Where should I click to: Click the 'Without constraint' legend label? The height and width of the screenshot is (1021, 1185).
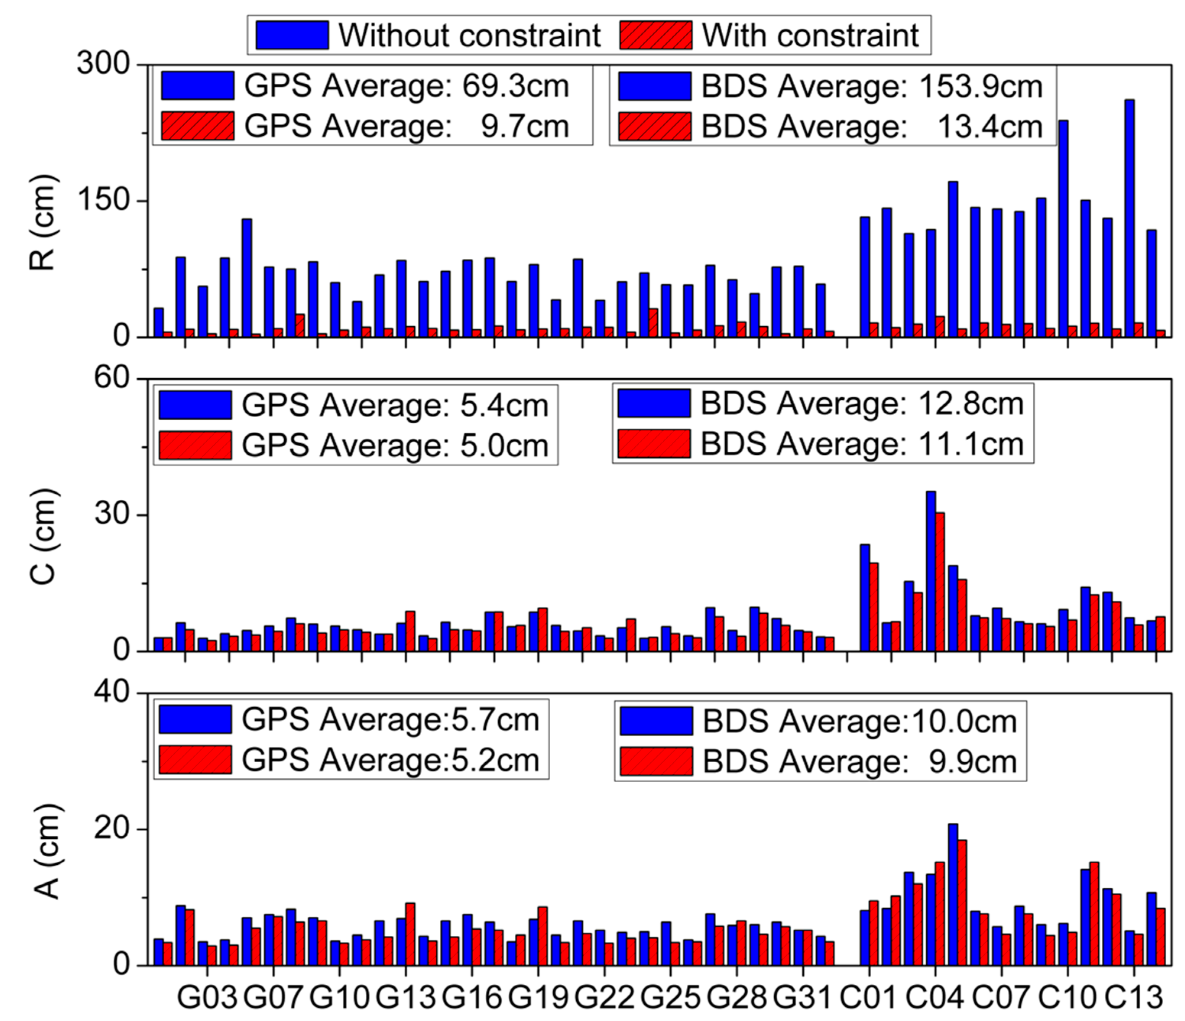[x=469, y=36]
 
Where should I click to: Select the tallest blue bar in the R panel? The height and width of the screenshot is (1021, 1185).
[x=1130, y=217]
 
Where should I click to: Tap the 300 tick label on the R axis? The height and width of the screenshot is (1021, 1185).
[x=103, y=63]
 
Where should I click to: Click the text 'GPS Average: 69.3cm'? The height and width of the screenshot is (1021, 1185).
[x=407, y=86]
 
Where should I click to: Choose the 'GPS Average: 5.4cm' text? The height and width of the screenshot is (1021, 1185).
[x=395, y=405]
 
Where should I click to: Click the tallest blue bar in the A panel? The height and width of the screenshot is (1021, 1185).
[x=953, y=895]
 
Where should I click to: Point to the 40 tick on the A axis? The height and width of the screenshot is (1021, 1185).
[x=112, y=692]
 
